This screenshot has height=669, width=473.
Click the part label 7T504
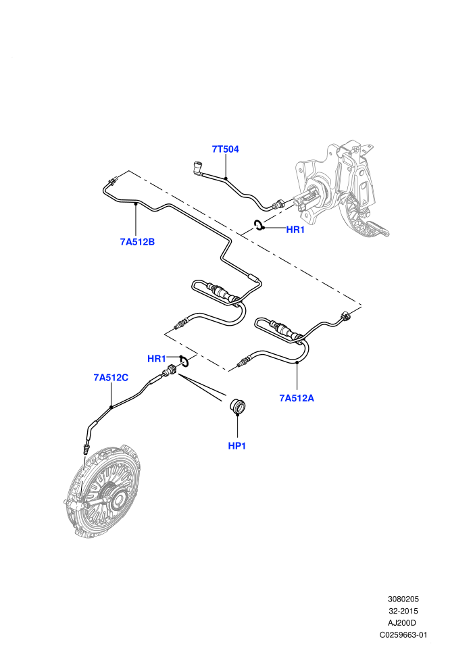(225, 149)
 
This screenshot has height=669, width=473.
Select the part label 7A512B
(137, 242)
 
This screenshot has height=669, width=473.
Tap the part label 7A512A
(297, 398)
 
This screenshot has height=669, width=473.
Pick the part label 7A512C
(111, 378)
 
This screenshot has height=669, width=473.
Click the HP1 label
(237, 446)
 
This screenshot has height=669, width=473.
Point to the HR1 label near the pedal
(295, 230)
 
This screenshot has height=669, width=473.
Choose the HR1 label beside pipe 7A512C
(156, 359)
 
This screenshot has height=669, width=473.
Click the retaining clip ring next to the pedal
(259, 225)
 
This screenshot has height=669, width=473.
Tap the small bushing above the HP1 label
(237, 405)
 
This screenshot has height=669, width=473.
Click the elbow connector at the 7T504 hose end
(197, 168)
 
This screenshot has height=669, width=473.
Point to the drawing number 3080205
(403, 599)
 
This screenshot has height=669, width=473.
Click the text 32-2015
(403, 611)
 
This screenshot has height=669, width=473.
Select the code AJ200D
(403, 623)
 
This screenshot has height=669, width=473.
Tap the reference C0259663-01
(403, 635)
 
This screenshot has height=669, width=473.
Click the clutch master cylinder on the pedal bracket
(313, 198)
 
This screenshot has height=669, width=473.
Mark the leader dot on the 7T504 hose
(226, 178)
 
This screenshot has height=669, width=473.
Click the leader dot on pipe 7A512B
(136, 205)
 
